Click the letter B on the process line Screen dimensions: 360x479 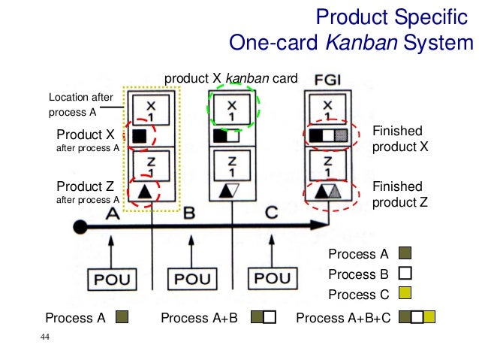point(189,213)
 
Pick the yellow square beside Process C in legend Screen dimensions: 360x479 point(405,294)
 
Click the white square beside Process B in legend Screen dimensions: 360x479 point(405,274)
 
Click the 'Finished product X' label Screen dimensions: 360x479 point(399,139)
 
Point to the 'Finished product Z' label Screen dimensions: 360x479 point(399,194)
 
